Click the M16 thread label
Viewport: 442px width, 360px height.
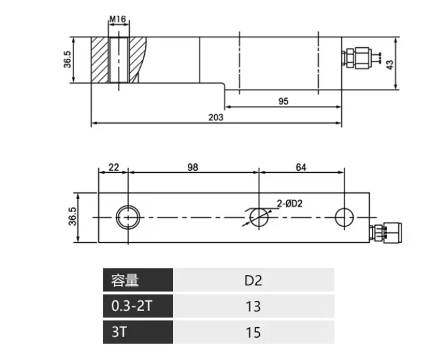coord(117,20)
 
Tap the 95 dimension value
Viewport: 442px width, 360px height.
coord(283,101)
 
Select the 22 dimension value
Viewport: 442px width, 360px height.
coord(113,167)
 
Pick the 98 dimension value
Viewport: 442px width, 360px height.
coord(193,167)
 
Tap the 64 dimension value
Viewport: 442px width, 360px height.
coord(301,167)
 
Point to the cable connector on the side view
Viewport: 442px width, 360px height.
coord(359,58)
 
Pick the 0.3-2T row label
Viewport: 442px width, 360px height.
coord(138,306)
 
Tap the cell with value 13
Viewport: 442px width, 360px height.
coord(253,306)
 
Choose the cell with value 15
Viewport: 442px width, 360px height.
coord(253,332)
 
